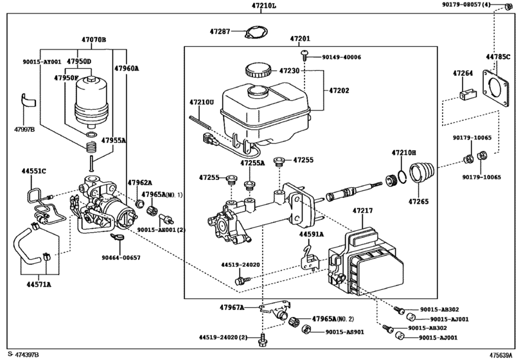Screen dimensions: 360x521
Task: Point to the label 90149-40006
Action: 341,57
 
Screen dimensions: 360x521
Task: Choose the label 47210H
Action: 404,152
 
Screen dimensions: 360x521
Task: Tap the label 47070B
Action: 94,39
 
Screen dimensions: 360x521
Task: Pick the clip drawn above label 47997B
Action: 28,101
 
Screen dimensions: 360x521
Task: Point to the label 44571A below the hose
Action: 39,283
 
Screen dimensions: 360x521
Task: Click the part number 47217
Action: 362,210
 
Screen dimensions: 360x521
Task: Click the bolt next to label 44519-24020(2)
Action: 262,336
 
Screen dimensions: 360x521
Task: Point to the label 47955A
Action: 112,139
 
